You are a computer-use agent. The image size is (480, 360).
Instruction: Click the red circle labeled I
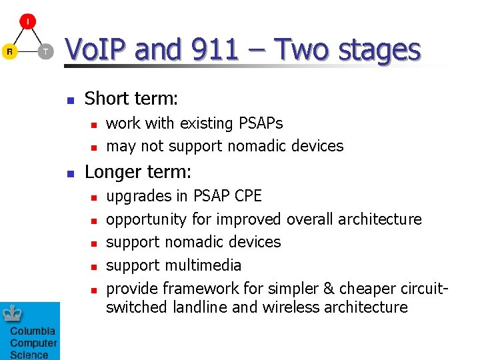[x=27, y=21]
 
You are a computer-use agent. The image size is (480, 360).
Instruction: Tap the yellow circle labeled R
[x=9, y=51]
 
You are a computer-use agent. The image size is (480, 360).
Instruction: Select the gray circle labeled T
[x=45, y=51]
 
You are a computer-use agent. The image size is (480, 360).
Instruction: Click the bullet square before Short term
[x=69, y=101]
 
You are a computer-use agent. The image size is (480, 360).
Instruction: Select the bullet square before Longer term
[x=69, y=174]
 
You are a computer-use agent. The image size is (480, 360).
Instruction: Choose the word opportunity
[x=147, y=219]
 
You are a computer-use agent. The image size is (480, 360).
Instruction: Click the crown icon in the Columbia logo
[x=13, y=313]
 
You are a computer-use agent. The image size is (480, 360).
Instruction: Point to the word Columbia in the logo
[x=33, y=331]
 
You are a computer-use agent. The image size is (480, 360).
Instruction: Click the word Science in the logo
[x=29, y=354]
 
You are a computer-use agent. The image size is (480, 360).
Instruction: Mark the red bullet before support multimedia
[x=94, y=267]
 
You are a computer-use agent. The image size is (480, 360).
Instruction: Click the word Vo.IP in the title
[x=101, y=50]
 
